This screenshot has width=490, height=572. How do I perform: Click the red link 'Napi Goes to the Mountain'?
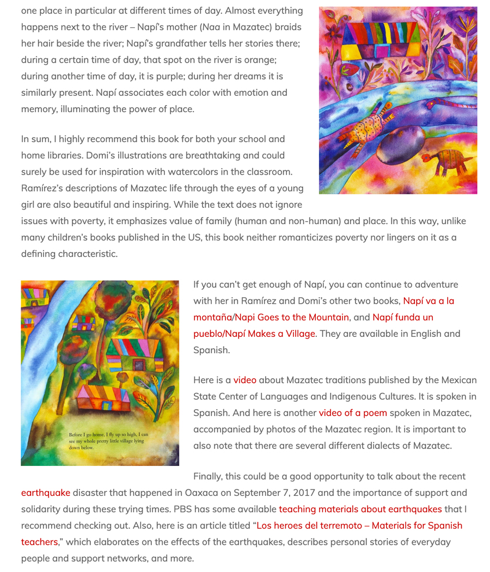pos(292,317)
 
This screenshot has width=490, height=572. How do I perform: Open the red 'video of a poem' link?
pos(353,413)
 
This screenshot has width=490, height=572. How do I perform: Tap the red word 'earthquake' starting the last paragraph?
pos(46,493)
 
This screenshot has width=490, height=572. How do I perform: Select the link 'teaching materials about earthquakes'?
pos(360,509)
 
